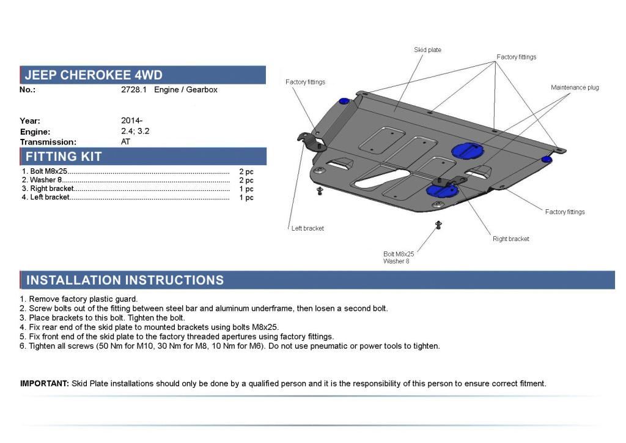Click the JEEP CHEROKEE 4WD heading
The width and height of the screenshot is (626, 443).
(94, 75)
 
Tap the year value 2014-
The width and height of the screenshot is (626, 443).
(131, 121)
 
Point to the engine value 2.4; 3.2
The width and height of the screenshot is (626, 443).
(134, 131)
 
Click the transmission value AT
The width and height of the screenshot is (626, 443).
(126, 141)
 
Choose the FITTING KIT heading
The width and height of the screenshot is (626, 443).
(63, 157)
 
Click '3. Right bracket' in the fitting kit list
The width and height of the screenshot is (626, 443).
(48, 188)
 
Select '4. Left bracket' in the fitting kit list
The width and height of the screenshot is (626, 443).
(46, 197)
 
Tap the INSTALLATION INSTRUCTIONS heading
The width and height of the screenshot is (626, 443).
(125, 280)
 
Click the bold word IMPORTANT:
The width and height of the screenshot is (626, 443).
(44, 384)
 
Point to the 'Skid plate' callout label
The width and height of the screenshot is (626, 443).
(427, 50)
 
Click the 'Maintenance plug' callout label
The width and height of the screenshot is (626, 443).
(575, 87)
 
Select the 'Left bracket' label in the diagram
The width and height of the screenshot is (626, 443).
(307, 228)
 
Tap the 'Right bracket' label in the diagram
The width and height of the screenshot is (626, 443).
(510, 239)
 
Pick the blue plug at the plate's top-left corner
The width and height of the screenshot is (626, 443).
(344, 100)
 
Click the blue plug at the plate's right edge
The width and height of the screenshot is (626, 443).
(547, 159)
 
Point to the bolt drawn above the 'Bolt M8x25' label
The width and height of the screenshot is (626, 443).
(438, 225)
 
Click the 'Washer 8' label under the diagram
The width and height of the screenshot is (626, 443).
(396, 261)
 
